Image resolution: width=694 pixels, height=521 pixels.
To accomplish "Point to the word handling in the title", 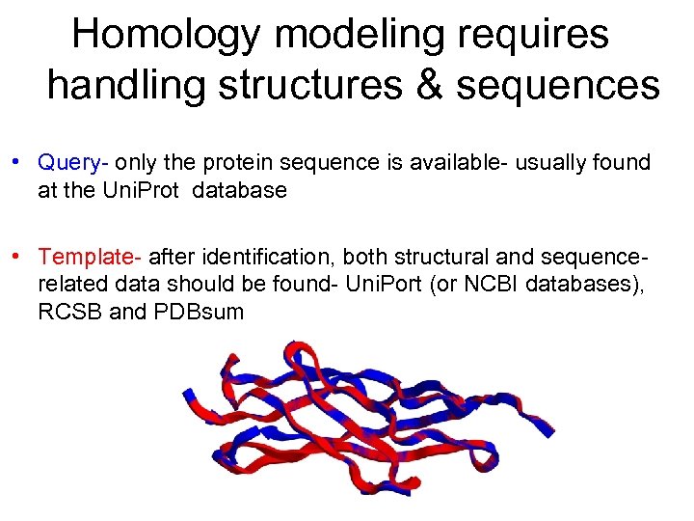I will point(125,85).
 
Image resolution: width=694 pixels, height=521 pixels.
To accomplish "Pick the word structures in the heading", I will point(310,85).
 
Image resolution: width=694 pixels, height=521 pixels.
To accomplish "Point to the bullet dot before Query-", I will point(17,160).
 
